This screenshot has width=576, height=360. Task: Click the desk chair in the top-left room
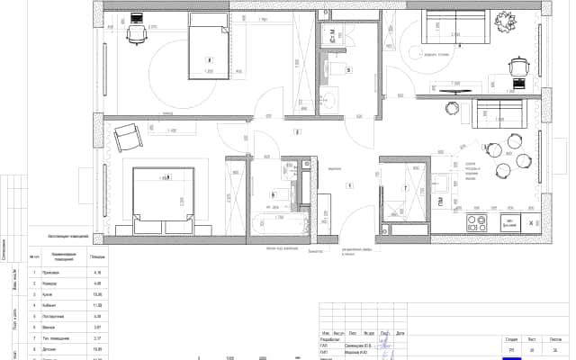pyautogui.click(x=136, y=33)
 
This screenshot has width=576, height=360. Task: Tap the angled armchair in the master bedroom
pyautogui.click(x=127, y=138)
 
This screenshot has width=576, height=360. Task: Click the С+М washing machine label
pyautogui.click(x=333, y=36)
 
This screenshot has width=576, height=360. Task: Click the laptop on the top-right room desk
pyautogui.click(x=519, y=84)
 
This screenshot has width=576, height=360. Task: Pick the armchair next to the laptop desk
pyautogui.click(x=519, y=66)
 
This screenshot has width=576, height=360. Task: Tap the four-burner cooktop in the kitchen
pyautogui.click(x=474, y=221)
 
